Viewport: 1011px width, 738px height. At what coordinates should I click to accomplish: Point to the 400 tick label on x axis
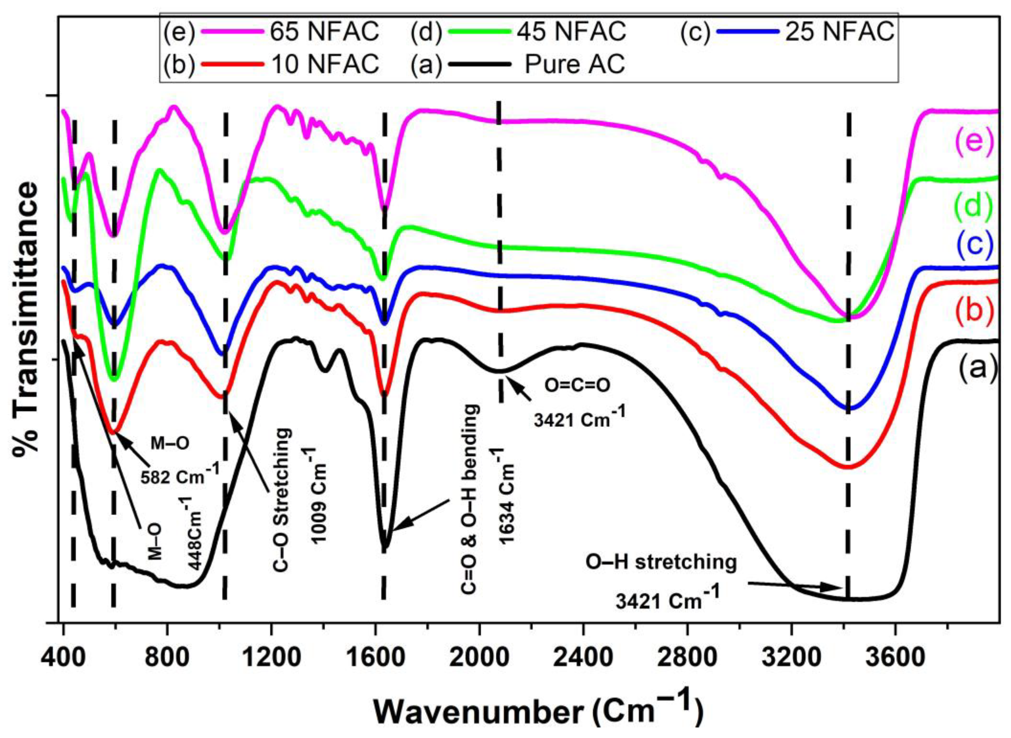pos(64,657)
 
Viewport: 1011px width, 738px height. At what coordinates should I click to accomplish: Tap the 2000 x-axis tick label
pos(479,657)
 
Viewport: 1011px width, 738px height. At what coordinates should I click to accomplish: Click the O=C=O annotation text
pos(577,385)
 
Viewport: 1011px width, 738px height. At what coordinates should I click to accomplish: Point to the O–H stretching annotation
pos(661,562)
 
